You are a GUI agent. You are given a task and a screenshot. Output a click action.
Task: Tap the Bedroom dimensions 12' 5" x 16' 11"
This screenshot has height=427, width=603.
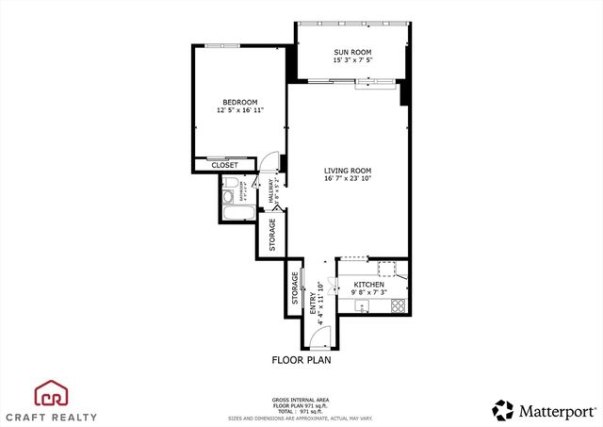[x=239, y=110]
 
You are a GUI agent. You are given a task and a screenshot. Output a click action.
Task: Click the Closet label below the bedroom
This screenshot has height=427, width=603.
[x=224, y=165]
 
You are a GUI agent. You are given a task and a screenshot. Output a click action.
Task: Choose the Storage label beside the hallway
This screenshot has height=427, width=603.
[x=272, y=234]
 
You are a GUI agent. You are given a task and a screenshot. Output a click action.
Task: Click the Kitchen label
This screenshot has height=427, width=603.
[x=368, y=285]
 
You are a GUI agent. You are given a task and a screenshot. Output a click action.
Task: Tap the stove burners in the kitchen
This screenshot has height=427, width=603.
[x=399, y=304]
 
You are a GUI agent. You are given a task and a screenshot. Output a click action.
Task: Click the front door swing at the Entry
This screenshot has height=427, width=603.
[x=316, y=336]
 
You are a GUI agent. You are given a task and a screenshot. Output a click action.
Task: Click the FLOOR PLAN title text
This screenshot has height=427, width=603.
[x=301, y=360]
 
